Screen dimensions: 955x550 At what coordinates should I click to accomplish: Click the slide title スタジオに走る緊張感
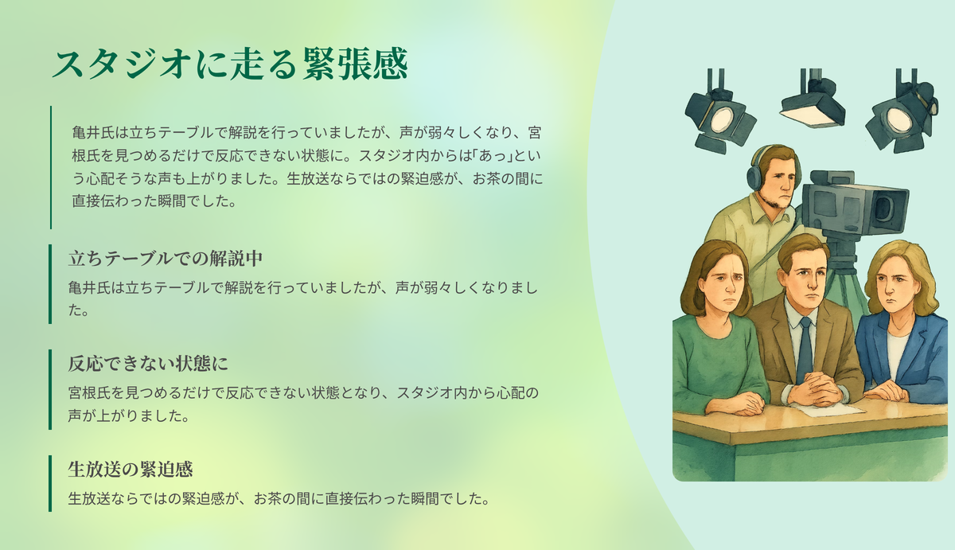click(x=230, y=64)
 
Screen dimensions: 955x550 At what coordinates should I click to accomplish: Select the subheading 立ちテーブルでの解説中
click(x=166, y=259)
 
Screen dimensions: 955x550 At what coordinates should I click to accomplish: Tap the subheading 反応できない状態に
click(x=148, y=364)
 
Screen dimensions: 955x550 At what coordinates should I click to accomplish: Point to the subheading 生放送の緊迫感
click(x=131, y=469)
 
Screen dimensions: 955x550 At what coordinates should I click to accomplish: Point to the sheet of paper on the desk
click(x=829, y=410)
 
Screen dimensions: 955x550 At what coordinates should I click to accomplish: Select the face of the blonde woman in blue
click(x=895, y=286)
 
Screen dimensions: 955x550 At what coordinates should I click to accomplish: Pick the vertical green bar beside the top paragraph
click(x=51, y=167)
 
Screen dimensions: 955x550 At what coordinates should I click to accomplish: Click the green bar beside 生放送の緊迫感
click(x=50, y=483)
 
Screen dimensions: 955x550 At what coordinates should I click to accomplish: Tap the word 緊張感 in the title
click(x=356, y=64)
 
